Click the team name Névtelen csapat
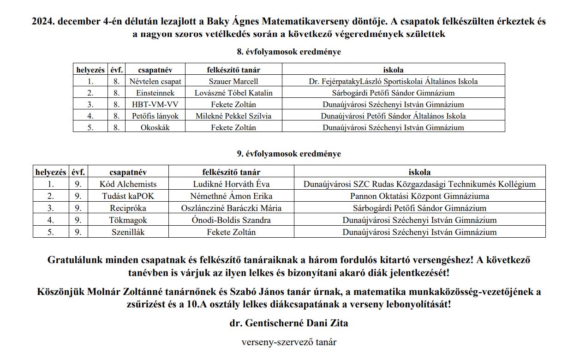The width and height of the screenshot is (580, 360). pyautogui.click(x=155, y=81)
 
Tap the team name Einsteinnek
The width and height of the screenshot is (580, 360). pyautogui.click(x=155, y=93)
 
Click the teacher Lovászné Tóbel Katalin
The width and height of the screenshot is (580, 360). pyautogui.click(x=233, y=93)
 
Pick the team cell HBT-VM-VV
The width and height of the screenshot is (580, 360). pyautogui.click(x=155, y=104)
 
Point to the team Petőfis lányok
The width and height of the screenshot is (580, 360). pyautogui.click(x=155, y=116)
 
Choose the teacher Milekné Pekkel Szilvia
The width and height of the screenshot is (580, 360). pyautogui.click(x=233, y=116)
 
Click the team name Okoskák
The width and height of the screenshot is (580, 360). pyautogui.click(x=155, y=127)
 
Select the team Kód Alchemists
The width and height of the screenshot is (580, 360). pyautogui.click(x=128, y=184)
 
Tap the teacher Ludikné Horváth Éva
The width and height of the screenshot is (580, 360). pyautogui.click(x=231, y=184)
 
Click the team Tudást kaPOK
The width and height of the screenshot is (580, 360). pyautogui.click(x=128, y=196)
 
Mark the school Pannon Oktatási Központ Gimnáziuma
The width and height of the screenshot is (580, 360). pyautogui.click(x=419, y=196)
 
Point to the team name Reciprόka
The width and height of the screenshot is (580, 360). pyautogui.click(x=128, y=208)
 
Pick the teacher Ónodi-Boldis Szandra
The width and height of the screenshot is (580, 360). pyautogui.click(x=231, y=220)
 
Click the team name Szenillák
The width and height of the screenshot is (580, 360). pyautogui.click(x=128, y=232)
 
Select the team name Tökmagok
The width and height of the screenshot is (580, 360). pyautogui.click(x=128, y=220)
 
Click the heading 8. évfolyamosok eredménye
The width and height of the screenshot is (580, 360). pyautogui.click(x=289, y=52)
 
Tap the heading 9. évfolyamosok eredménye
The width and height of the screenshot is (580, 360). pyautogui.click(x=289, y=154)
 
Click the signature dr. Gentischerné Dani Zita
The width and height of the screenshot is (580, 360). pyautogui.click(x=289, y=323)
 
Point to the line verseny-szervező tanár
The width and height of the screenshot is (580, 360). pyautogui.click(x=289, y=342)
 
